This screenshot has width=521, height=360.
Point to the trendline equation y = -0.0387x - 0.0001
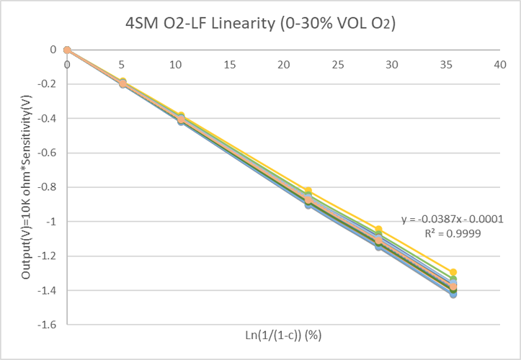(451, 219)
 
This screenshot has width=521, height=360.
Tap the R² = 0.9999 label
(451, 233)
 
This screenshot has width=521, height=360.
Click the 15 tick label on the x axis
(230, 65)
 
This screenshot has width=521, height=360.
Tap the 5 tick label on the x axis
(122, 65)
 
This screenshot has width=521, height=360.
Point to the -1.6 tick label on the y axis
(47, 325)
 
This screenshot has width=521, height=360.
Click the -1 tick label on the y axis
(50, 222)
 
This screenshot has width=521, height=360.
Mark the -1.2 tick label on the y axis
(47, 256)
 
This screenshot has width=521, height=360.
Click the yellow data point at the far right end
(453, 272)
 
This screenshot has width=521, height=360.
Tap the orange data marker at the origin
(67, 50)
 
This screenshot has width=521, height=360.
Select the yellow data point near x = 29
(378, 229)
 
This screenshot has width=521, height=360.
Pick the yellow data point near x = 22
(308, 190)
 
